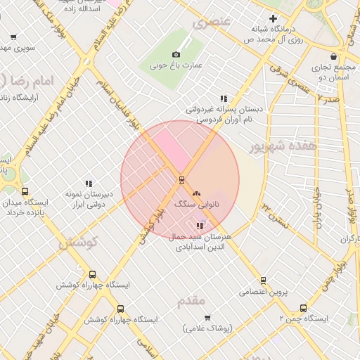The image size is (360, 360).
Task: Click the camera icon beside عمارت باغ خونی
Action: (x=176, y=54)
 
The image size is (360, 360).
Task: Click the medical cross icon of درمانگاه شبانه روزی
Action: (x=273, y=18)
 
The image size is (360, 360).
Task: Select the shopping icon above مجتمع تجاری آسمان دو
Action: (x=333, y=57)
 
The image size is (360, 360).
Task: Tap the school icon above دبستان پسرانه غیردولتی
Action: (x=224, y=98)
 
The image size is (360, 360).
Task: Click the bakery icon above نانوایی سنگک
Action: (x=196, y=193)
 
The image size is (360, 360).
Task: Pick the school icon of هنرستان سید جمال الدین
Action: (x=200, y=226)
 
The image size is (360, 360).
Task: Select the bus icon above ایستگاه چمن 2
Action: (x=303, y=308)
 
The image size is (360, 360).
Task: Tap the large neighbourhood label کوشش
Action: (x=76, y=243)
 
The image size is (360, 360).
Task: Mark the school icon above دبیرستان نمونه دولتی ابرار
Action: (x=89, y=183)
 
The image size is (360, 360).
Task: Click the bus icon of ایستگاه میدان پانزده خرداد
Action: (x=25, y=191)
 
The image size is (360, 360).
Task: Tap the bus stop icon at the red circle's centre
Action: (x=181, y=179)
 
